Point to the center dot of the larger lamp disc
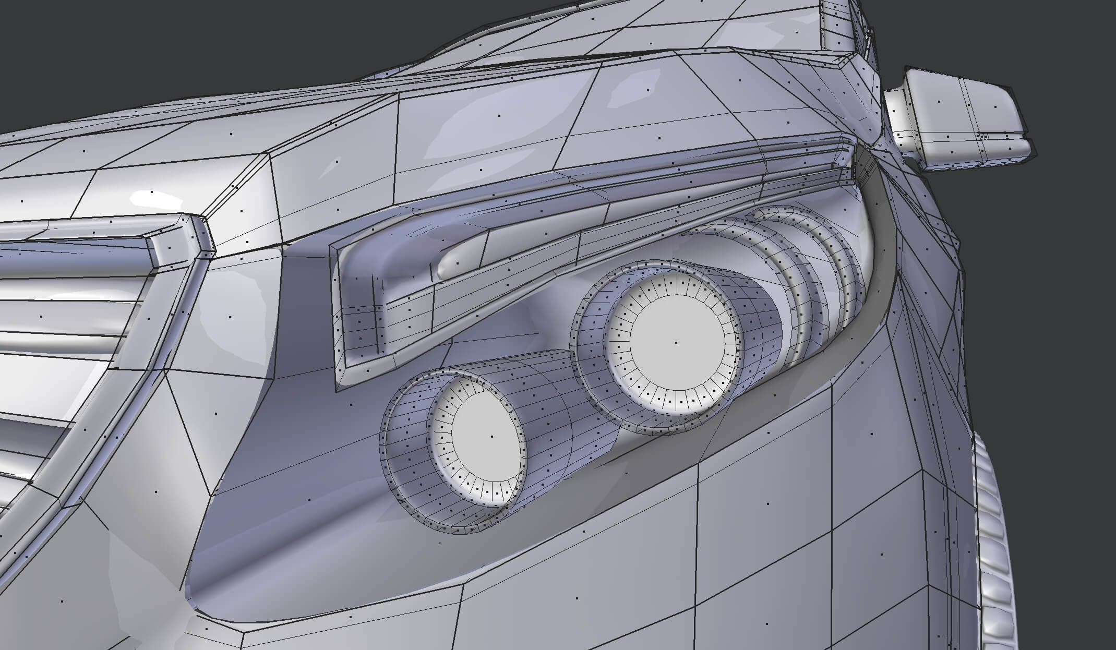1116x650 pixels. coord(676,343)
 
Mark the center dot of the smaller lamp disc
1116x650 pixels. coord(491,436)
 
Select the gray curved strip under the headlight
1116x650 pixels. coord(704,433)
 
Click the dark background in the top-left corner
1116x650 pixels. coord(78,42)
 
